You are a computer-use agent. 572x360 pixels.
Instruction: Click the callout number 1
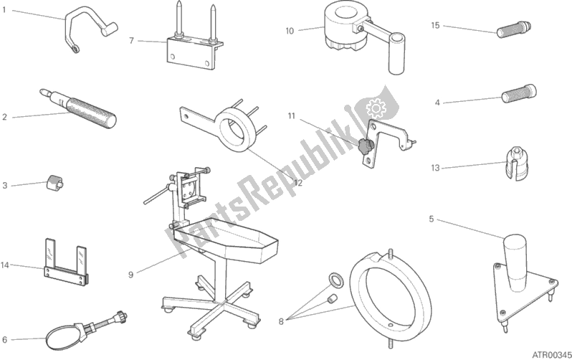(4, 10)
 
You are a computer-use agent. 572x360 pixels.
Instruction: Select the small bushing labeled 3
(54, 181)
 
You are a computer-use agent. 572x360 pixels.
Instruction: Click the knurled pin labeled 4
(519, 94)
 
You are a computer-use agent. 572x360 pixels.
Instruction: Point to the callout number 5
(432, 219)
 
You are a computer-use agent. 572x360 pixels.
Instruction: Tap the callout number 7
(132, 41)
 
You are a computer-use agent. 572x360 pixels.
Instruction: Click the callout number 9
(131, 274)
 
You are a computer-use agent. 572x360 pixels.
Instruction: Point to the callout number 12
(298, 182)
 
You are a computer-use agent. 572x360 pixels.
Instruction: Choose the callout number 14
(5, 265)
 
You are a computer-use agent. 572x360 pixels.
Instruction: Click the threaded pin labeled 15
(514, 29)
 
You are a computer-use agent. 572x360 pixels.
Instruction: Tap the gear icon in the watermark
(376, 108)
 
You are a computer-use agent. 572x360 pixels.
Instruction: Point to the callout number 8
(280, 322)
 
